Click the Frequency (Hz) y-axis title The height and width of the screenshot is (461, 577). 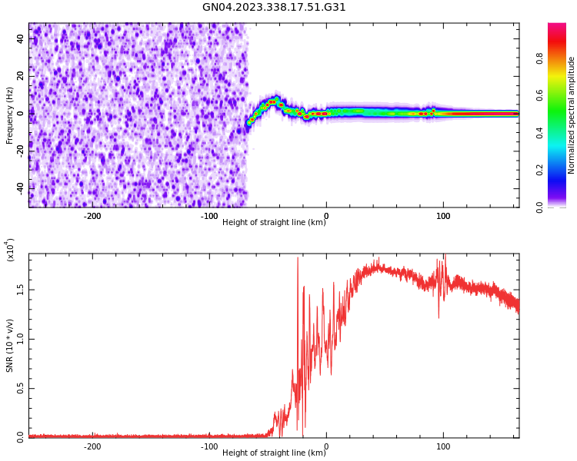[x=10, y=115]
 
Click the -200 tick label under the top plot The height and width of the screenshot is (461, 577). [x=92, y=216]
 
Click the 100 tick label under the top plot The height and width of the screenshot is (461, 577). [x=443, y=216]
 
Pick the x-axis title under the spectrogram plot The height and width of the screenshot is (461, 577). [x=274, y=223]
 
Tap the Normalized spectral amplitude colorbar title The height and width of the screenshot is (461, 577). [x=572, y=115]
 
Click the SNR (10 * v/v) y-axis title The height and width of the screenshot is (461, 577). [x=10, y=346]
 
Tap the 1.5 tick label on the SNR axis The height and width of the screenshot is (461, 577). [x=19, y=290]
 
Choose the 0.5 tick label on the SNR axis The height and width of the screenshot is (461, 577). [x=19, y=389]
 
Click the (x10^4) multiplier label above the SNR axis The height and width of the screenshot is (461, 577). [x=10, y=250]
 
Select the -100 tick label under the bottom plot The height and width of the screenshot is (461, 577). [x=209, y=446]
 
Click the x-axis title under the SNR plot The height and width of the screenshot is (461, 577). [x=274, y=453]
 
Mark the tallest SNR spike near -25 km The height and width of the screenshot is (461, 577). [x=298, y=258]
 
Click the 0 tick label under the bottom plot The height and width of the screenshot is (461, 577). [x=326, y=446]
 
